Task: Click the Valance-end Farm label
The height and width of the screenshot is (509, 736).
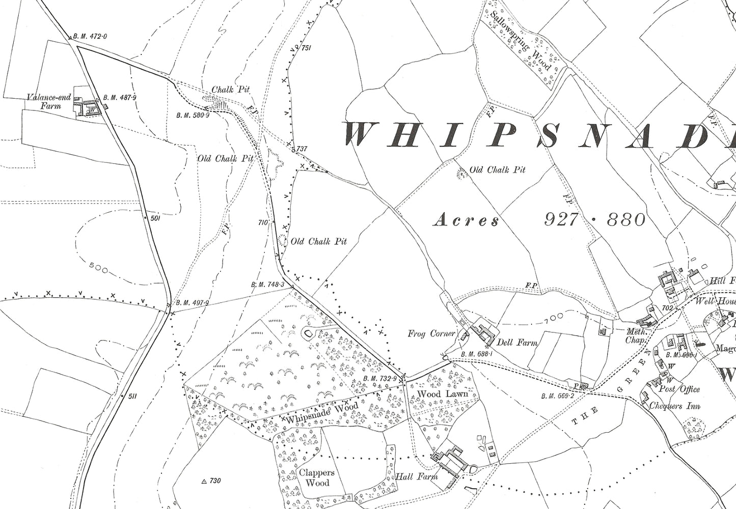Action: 45,101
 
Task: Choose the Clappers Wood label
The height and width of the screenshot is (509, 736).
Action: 316,477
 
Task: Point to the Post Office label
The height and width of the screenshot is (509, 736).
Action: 680,389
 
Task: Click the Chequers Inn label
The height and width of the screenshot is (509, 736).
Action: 675,406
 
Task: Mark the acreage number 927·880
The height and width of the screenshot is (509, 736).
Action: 595,220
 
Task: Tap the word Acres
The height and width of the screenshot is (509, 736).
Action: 466,220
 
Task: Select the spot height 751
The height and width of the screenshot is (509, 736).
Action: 306,48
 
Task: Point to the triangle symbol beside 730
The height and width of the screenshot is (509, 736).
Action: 204,481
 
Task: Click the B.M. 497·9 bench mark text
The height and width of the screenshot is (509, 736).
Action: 192,303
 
